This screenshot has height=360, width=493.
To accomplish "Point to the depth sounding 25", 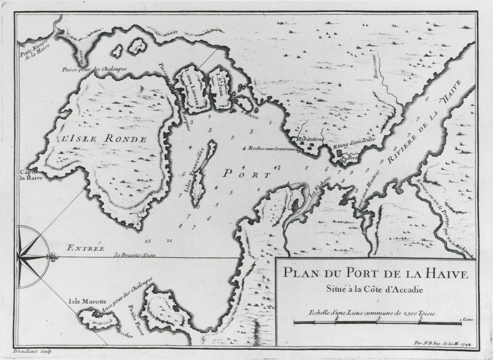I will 147,241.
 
